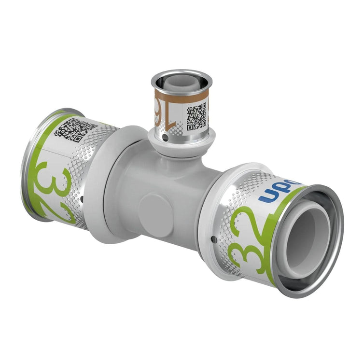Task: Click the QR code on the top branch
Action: click(196, 117)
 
